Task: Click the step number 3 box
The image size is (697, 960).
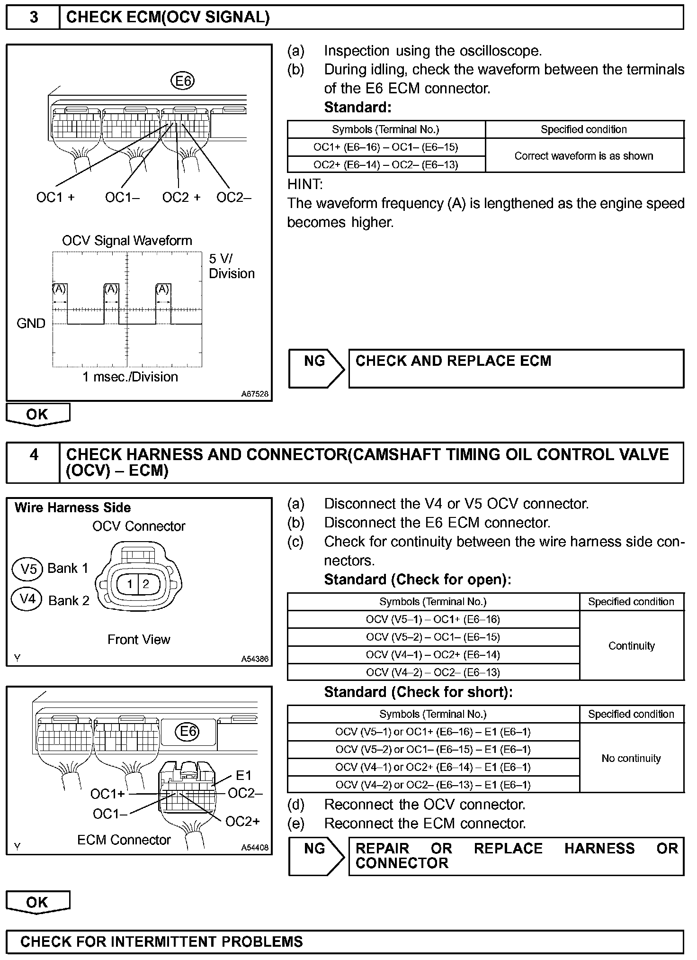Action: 33,18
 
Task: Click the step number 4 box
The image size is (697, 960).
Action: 33,462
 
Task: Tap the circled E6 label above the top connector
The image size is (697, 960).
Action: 182,82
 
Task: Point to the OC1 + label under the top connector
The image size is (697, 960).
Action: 55,197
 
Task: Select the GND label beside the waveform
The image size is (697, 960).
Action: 31,324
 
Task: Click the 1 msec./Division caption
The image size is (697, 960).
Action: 130,377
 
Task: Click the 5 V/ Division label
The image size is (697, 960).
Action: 231,266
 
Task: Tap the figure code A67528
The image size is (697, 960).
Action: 255,394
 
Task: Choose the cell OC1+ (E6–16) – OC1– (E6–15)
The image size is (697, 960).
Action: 386,147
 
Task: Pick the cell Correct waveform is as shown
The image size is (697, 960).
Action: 584,156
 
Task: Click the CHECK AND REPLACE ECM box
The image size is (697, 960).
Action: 516,368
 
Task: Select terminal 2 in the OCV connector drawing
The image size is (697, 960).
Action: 146,584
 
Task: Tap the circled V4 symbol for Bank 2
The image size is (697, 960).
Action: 28,599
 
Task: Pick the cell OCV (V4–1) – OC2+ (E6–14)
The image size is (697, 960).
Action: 433,655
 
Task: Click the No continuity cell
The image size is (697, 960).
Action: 631,758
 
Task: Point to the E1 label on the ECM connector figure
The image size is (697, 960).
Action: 243,775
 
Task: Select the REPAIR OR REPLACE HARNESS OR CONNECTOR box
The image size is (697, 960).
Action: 516,856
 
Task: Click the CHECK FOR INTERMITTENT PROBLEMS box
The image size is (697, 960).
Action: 345,941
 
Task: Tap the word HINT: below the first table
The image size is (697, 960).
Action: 305,184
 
